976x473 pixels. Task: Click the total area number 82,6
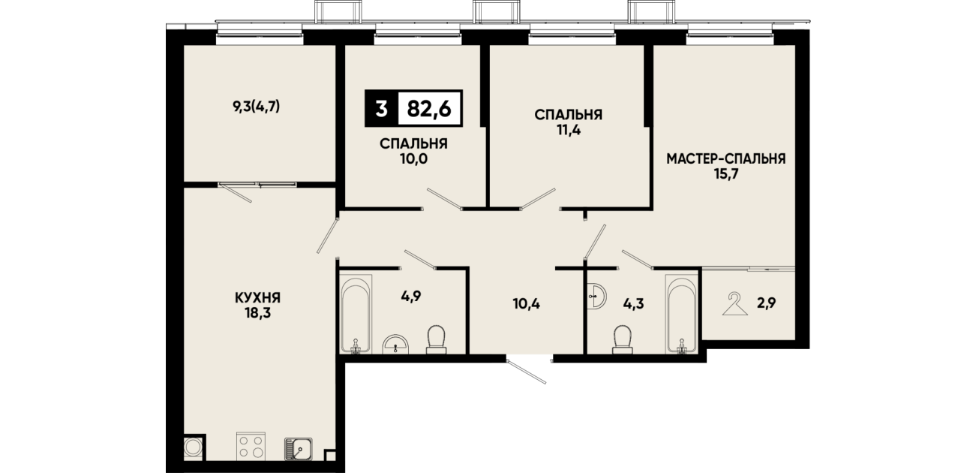429,109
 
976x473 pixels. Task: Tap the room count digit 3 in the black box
381,109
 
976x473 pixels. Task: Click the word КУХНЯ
257,298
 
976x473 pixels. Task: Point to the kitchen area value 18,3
257,313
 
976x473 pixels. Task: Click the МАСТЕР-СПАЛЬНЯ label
726,158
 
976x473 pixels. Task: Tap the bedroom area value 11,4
569,131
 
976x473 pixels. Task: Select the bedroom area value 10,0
413,159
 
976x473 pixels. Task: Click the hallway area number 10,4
527,304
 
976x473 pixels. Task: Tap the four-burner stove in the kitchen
251,446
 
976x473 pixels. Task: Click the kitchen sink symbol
299,449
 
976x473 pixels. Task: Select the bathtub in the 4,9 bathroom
356,314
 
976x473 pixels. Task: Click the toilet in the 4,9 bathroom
436,339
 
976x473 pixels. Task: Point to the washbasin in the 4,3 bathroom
596,297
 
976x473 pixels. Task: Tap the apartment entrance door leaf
527,372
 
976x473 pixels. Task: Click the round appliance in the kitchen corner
193,447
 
